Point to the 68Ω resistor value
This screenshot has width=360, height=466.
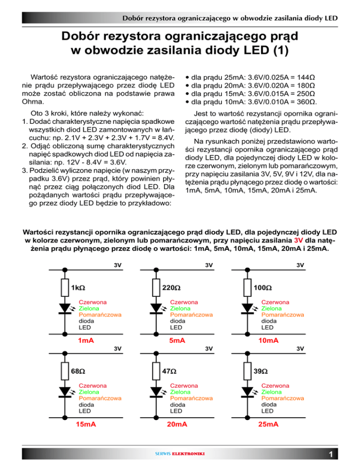[x=78, y=371]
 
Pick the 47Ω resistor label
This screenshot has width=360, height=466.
[x=169, y=371]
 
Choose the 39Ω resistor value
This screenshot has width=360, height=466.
[x=260, y=371]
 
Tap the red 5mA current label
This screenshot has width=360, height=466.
[x=176, y=340]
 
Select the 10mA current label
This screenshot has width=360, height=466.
[x=269, y=340]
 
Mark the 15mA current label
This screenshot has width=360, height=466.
[x=86, y=424]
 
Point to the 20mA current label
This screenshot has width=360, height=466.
[x=176, y=424]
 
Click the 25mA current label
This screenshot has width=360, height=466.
[x=268, y=424]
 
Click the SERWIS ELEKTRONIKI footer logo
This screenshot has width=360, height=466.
[x=180, y=454]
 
